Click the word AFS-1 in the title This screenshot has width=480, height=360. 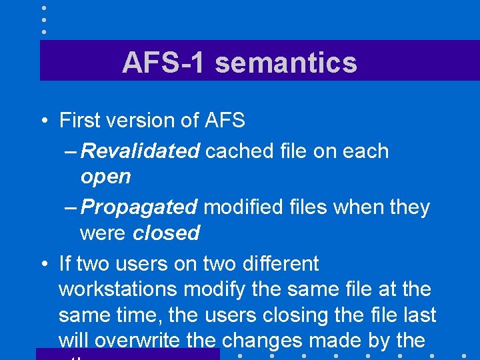(x=165, y=63)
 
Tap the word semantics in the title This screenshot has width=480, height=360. (x=286, y=63)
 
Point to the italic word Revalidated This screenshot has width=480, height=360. (x=140, y=151)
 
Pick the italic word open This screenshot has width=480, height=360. (x=105, y=177)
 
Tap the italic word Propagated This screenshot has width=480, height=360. (x=139, y=207)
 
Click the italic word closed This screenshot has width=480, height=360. (x=166, y=233)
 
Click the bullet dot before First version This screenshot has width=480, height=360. (x=43, y=121)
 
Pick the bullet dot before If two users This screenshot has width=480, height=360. (x=43, y=265)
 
